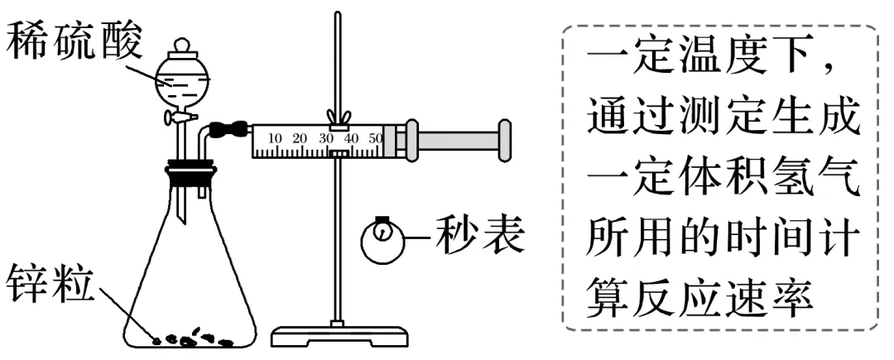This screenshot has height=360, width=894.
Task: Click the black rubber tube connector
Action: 228,130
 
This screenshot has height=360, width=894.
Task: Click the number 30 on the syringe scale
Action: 325,137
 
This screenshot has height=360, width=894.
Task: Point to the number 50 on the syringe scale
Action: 374,137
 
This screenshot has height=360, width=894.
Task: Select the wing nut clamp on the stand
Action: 336,117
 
